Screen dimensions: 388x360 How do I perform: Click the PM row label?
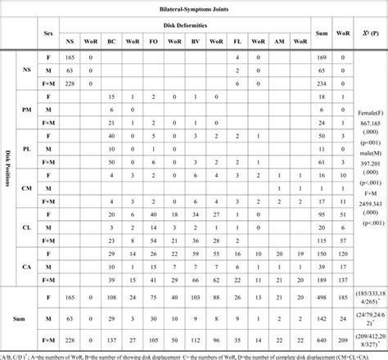click(26, 110)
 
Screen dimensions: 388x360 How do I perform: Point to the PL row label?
click(26, 151)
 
